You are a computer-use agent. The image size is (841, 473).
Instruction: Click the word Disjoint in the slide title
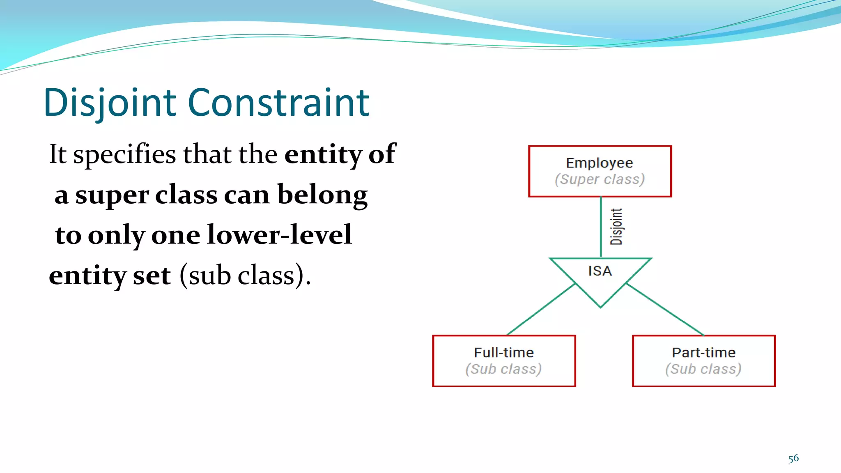click(x=110, y=103)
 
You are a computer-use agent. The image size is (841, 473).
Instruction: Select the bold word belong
click(x=322, y=195)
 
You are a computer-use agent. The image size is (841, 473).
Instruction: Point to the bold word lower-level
click(x=280, y=235)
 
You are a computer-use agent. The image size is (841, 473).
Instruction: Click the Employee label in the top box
click(x=599, y=163)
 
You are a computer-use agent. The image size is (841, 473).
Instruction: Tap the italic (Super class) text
click(x=600, y=179)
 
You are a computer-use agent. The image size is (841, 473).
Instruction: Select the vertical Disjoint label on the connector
click(x=616, y=227)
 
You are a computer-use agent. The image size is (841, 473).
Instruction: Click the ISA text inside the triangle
click(x=600, y=271)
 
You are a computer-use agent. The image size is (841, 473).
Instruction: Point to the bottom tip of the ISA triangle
click(x=600, y=306)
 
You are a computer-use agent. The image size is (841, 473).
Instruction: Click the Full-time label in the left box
click(x=504, y=352)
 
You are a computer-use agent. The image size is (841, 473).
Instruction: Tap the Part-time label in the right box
click(x=703, y=352)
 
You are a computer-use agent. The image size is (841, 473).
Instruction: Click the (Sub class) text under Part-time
click(x=703, y=369)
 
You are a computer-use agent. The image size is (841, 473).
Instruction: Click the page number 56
click(x=793, y=458)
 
